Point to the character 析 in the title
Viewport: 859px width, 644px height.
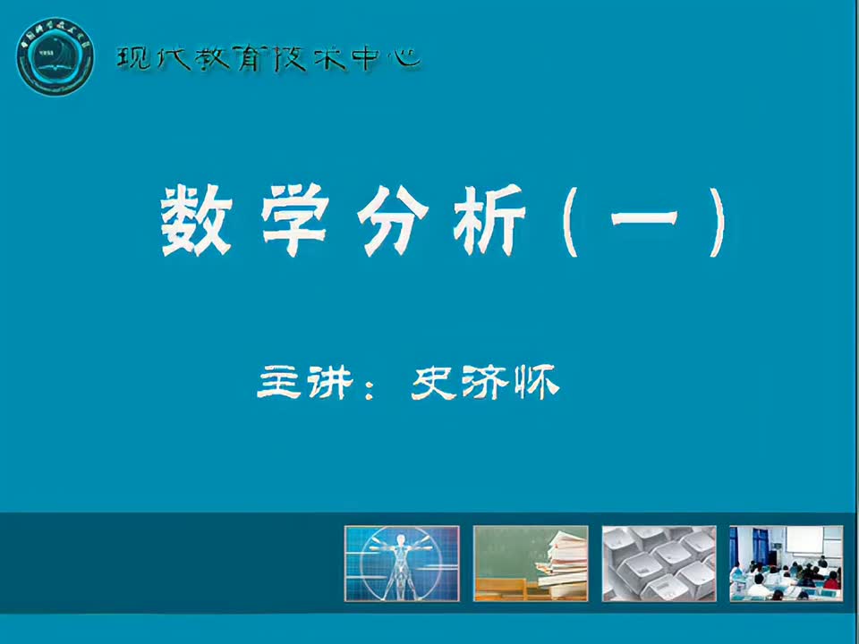489,220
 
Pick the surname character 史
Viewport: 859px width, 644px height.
435,384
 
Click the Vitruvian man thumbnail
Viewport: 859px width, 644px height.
402,563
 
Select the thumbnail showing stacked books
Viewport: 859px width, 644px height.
531,563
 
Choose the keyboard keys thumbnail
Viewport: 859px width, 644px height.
659,563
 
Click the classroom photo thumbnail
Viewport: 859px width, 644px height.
787,563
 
